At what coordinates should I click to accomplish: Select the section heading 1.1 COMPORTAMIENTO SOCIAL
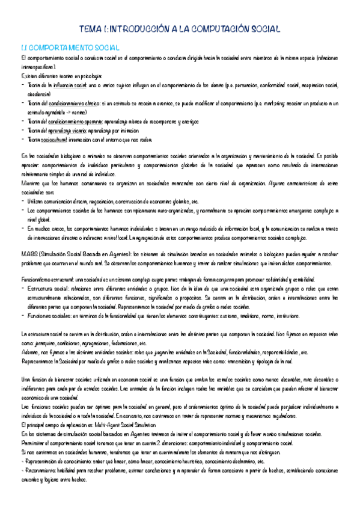click(x=69, y=47)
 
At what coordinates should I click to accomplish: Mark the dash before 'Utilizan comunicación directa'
click(x=22, y=200)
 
